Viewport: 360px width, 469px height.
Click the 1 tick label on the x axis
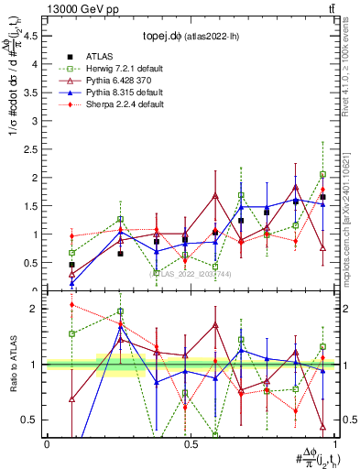pyautogui.click(x=334, y=443)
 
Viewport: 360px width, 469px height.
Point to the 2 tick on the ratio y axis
pyautogui.click(x=35, y=309)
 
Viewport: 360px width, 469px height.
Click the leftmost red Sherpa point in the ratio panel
pyautogui.click(x=72, y=305)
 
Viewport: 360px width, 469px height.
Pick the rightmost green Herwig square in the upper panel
pyautogui.click(x=322, y=174)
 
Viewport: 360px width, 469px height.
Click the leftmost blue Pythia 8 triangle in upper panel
pyautogui.click(x=72, y=283)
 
